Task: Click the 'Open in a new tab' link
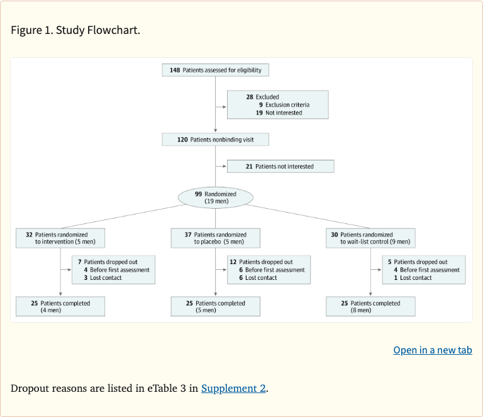(432, 350)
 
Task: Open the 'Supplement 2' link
(233, 388)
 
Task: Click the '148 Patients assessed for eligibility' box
(215, 70)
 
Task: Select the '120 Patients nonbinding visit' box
(215, 140)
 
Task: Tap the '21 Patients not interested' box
(280, 167)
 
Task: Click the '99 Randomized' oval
(216, 197)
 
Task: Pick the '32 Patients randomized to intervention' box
(60, 238)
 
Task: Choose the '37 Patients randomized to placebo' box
(215, 238)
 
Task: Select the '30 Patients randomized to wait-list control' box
(370, 238)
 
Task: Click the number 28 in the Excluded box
(250, 97)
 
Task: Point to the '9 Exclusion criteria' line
(284, 105)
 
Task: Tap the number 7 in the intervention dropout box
(80, 262)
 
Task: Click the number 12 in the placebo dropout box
(233, 262)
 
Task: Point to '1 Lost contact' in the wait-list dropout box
(413, 278)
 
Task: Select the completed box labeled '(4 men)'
(60, 306)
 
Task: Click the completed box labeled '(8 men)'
(370, 306)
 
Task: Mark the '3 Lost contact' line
(103, 278)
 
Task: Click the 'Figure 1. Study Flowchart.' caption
(75, 30)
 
